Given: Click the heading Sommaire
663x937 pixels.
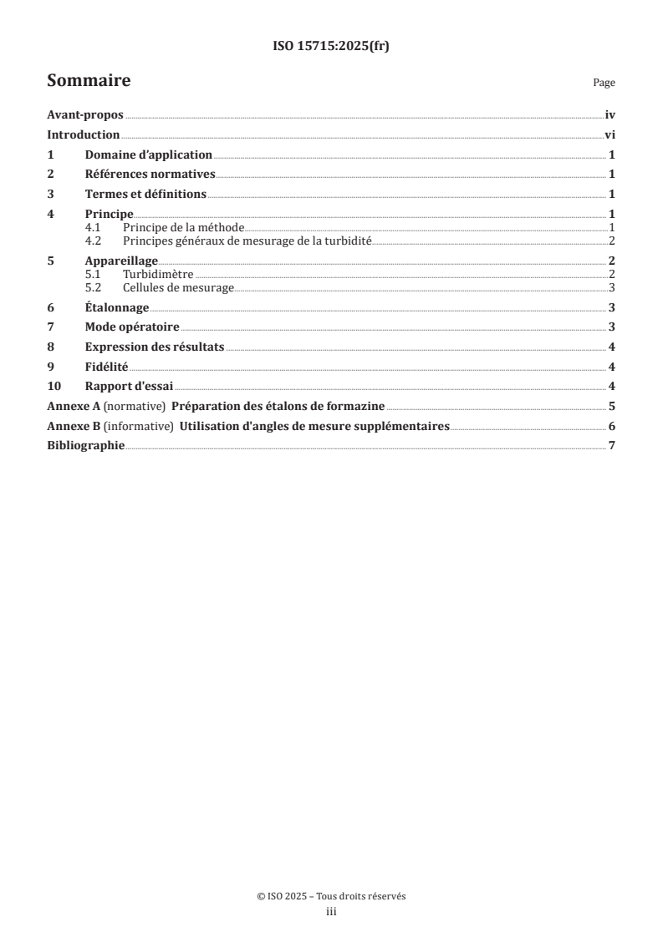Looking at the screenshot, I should tap(88, 81).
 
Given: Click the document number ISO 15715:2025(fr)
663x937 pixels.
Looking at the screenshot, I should tap(331, 47).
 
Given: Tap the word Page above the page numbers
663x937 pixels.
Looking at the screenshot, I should tap(604, 83).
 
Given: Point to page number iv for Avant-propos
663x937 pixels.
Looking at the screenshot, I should tap(610, 116).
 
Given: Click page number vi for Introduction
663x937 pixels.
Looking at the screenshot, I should tap(610, 134).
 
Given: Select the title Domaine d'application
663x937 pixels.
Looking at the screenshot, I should tap(149, 154).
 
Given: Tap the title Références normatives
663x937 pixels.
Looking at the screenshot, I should tap(150, 174).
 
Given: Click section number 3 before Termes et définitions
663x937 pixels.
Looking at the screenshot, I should tap(51, 194).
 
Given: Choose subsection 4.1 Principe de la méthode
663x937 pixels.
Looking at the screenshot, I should tap(182, 227).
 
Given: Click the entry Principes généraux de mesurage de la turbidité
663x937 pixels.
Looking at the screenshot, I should tap(247, 241).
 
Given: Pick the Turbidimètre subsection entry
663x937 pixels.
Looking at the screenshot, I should tap(158, 274).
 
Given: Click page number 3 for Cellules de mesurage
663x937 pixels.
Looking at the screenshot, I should tap(613, 287).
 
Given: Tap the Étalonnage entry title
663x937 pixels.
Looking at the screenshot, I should tap(117, 307).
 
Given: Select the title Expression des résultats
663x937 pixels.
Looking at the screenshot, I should tap(154, 347).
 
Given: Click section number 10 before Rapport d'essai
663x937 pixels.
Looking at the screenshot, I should tap(54, 386).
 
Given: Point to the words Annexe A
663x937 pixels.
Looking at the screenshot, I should tap(73, 406).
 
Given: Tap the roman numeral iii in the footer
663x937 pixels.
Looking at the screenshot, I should tap(331, 913).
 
